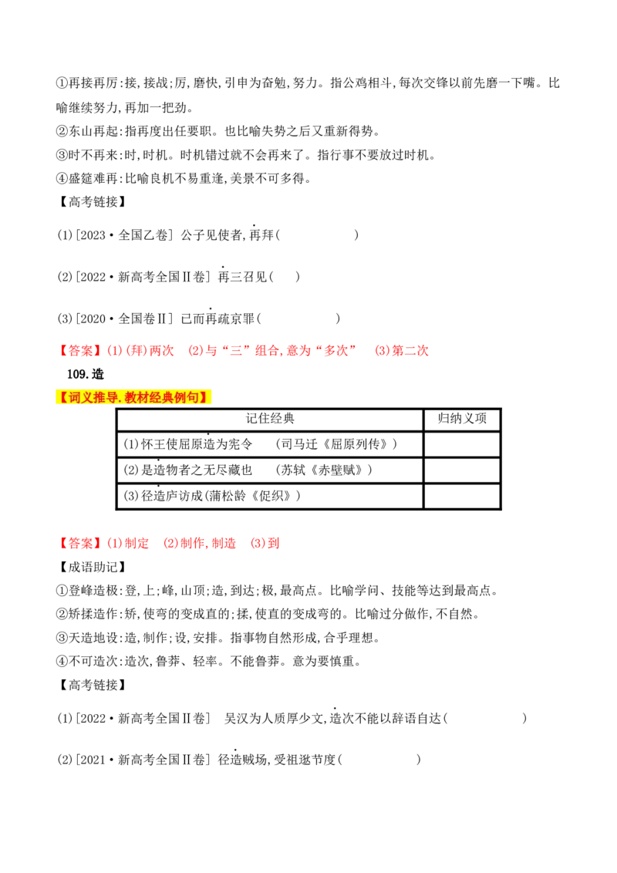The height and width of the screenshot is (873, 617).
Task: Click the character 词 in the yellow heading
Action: pyautogui.click(x=75, y=398)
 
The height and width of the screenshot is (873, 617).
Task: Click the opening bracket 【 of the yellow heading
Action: pyautogui.click(x=62, y=398)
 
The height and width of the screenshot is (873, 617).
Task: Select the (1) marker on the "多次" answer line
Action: pyautogui.click(x=113, y=351)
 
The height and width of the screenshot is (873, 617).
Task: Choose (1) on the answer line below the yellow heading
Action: pyautogui.click(x=113, y=543)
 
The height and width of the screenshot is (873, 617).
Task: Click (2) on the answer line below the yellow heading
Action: pyautogui.click(x=170, y=543)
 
